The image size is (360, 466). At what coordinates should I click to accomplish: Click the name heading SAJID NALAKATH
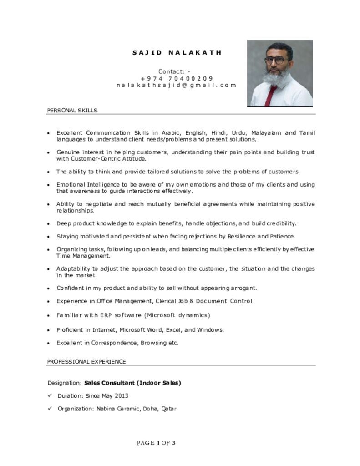pyautogui.click(x=177, y=52)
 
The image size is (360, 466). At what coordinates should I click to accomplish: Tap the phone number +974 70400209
pyautogui.click(x=177, y=78)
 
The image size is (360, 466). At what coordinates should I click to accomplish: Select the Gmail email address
pyautogui.click(x=177, y=85)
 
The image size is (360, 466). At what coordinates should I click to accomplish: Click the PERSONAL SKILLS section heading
pyautogui.click(x=72, y=111)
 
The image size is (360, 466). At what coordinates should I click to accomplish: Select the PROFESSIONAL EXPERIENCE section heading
pyautogui.click(x=86, y=361)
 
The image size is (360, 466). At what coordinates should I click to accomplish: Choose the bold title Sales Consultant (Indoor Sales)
pyautogui.click(x=132, y=383)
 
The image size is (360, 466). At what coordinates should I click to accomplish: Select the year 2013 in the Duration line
pyautogui.click(x=121, y=396)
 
